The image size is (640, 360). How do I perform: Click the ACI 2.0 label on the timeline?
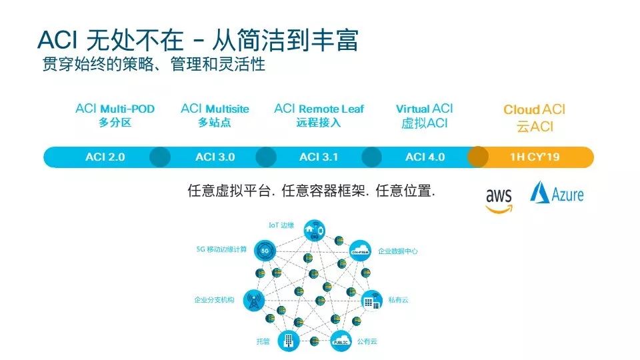click(105, 157)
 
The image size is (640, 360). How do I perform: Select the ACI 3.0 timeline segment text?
click(215, 157)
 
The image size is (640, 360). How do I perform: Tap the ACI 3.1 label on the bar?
click(319, 157)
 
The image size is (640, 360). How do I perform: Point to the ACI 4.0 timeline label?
click(425, 157)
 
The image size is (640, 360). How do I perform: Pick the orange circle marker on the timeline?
click(477, 157)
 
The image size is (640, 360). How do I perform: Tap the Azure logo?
click(557, 193)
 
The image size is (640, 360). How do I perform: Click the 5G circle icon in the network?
click(265, 251)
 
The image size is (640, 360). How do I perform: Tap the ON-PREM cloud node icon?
click(360, 251)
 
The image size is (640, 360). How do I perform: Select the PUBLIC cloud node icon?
click(340, 340)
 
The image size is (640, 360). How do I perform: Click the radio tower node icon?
click(251, 300)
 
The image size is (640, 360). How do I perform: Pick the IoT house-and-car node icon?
click(312, 229)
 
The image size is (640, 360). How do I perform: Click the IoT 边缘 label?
click(281, 225)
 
